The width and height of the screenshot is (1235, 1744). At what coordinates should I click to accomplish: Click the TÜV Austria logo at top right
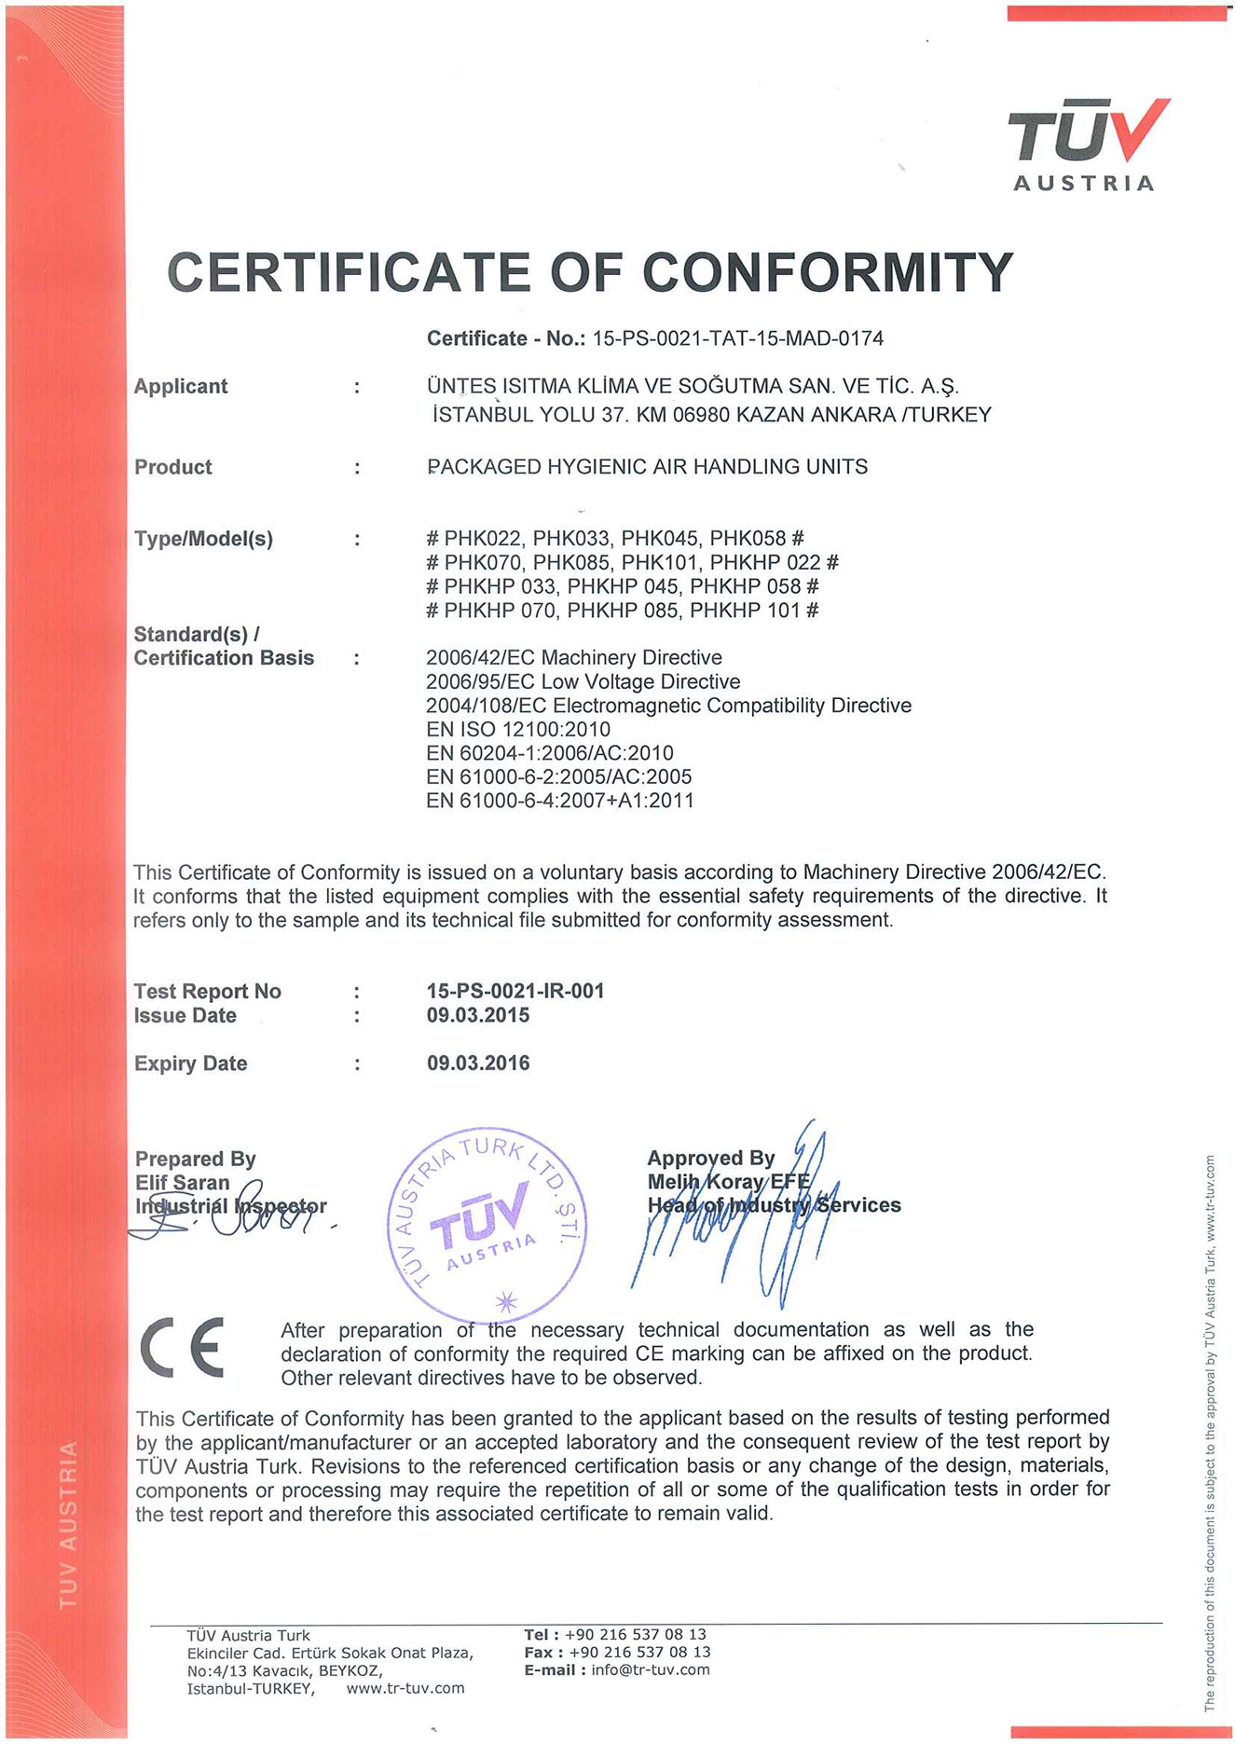1087,144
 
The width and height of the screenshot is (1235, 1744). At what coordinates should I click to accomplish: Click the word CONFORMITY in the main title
827,272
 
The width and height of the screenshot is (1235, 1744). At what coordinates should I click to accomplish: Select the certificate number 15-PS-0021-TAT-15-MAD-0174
737,338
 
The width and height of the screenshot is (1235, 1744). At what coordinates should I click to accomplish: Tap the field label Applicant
181,386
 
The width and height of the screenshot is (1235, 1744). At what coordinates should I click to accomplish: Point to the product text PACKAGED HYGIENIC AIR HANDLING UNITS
647,466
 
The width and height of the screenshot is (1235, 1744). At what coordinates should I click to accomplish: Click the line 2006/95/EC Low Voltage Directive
583,681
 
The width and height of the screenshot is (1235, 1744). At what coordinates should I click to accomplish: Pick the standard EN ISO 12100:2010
517,729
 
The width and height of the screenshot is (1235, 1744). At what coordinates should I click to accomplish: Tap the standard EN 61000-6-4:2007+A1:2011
559,801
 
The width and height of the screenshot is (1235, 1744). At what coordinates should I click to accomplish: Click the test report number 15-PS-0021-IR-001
515,991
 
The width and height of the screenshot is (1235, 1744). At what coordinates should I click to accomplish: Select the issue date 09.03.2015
478,1015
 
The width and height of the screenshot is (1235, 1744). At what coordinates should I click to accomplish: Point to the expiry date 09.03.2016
478,1063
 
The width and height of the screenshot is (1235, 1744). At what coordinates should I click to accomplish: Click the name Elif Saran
182,1182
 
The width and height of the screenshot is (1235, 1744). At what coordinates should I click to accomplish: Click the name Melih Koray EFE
728,1181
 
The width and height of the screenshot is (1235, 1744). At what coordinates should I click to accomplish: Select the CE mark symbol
183,1348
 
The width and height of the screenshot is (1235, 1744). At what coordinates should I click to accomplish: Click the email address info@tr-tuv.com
650,1669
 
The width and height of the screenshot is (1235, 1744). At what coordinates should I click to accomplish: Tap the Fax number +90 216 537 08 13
639,1652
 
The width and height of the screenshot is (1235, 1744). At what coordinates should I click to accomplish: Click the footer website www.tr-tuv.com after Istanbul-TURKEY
405,1688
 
